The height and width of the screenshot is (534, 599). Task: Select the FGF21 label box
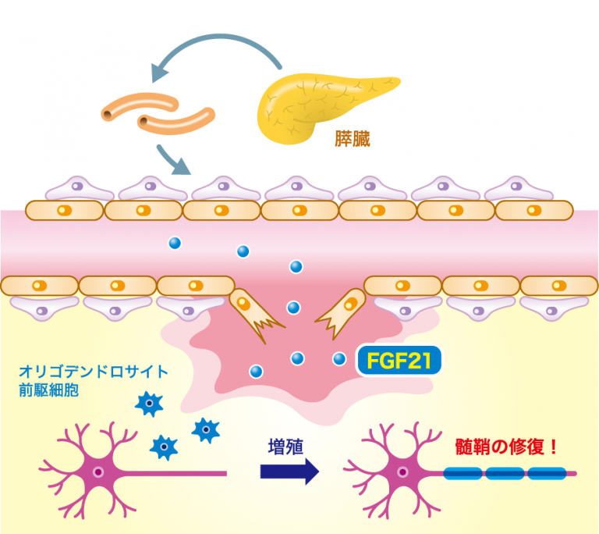(x=399, y=360)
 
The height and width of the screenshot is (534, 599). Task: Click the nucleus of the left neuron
(x=100, y=472)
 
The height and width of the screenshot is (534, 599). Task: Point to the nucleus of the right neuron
(x=402, y=472)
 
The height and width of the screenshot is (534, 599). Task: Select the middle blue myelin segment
(x=505, y=472)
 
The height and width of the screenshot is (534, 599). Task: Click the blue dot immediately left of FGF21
(x=339, y=358)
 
